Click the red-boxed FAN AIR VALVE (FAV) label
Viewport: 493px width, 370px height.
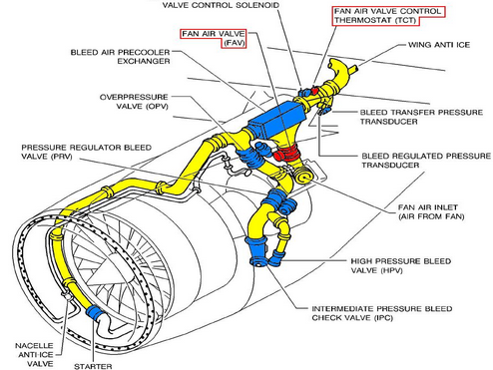[x=214, y=38]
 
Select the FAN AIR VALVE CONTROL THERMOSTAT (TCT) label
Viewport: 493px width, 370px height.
[x=388, y=16]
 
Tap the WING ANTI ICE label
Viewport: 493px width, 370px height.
[x=439, y=45]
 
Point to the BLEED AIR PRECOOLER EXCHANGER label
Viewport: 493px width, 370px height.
[x=120, y=57]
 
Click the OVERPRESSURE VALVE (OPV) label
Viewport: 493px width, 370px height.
[x=134, y=102]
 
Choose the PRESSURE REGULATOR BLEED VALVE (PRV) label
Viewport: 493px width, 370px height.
[x=87, y=152]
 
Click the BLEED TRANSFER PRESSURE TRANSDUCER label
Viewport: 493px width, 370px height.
[x=421, y=117]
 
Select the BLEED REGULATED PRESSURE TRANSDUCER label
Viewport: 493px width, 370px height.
[x=426, y=161]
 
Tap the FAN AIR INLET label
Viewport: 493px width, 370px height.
[x=431, y=211]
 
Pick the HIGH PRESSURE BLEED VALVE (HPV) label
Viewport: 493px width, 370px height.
[x=401, y=265]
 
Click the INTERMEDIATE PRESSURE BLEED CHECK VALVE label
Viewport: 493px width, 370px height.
[x=382, y=313]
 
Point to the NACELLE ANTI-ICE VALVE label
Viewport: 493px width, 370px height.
[x=34, y=354]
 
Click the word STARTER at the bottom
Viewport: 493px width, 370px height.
[x=93, y=366]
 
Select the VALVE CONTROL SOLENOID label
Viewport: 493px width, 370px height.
[x=221, y=5]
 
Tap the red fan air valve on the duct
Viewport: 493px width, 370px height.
[x=286, y=153]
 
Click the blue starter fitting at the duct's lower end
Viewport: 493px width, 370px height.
[x=94, y=312]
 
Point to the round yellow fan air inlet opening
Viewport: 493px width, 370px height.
[x=302, y=177]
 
